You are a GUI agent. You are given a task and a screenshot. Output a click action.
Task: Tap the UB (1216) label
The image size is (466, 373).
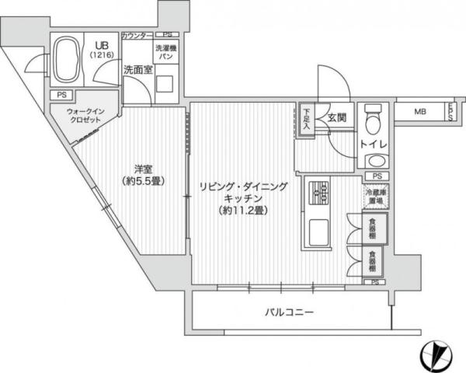102,50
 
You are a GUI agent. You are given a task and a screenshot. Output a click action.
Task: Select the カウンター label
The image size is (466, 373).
137,35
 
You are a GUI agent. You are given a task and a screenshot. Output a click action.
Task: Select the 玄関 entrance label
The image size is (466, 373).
336,117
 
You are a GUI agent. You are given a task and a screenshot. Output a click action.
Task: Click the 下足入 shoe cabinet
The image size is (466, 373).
308,119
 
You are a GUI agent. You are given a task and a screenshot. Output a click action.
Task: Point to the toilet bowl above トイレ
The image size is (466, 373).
374,118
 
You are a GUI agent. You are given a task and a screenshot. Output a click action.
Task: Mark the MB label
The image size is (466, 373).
419,112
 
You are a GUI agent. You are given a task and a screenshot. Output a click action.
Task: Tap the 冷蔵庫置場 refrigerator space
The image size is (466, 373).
374,195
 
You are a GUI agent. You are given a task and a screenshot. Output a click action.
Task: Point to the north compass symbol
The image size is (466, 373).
436,355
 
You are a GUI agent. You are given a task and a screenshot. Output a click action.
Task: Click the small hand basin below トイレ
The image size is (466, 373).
374,161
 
